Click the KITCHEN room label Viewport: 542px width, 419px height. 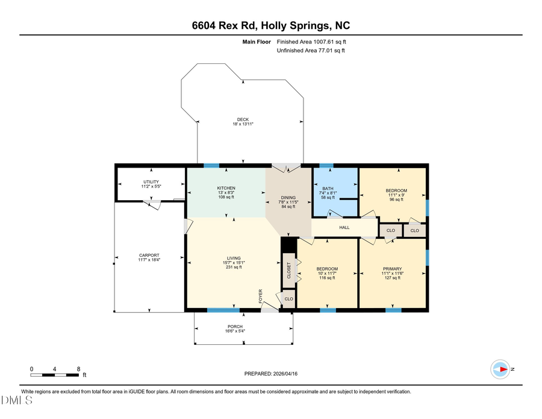(226, 188)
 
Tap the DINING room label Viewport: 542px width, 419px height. (288, 197)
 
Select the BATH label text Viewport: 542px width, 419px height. (329, 188)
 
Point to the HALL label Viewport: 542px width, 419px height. (344, 227)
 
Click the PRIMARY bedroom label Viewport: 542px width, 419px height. (392, 269)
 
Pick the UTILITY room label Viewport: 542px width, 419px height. (151, 181)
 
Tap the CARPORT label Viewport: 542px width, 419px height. (149, 256)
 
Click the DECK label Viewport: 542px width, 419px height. (243, 119)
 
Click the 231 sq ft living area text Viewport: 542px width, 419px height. (234, 267)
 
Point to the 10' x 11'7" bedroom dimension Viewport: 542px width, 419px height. (328, 273)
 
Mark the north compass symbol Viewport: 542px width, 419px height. (501, 368)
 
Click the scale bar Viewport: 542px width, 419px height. (55, 374)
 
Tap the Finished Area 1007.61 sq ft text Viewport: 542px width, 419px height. (311, 42)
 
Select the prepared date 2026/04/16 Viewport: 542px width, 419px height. (271, 374)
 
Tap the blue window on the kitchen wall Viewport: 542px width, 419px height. (211, 165)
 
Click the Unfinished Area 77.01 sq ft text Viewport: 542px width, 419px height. (311, 51)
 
